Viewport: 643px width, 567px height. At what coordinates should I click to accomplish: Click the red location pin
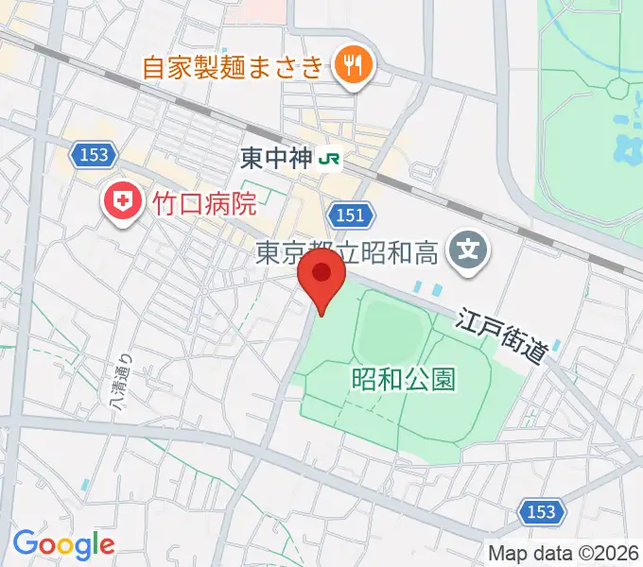click(321, 280)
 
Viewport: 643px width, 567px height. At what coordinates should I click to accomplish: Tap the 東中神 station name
click(278, 158)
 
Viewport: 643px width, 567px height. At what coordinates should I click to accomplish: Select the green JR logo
click(330, 158)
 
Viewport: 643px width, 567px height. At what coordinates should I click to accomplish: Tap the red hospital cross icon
click(120, 200)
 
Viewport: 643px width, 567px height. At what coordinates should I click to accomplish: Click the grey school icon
click(468, 250)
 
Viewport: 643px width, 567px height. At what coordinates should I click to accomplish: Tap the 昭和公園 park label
click(404, 380)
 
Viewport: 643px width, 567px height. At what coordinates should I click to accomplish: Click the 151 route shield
click(348, 215)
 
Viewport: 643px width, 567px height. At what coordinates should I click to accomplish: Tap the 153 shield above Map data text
click(542, 512)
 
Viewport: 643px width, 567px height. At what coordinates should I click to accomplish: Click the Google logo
click(63, 543)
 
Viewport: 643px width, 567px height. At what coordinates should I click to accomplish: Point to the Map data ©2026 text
click(562, 553)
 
